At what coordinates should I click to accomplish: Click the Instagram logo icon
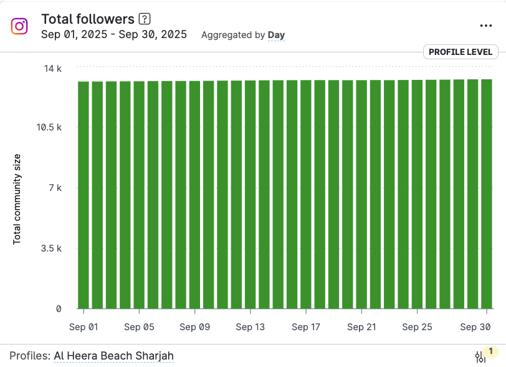(19, 26)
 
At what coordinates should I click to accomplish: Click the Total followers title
(87, 19)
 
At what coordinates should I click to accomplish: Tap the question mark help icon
(145, 19)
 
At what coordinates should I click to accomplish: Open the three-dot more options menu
(486, 26)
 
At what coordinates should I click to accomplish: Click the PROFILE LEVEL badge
(461, 52)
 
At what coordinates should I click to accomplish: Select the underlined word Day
(276, 35)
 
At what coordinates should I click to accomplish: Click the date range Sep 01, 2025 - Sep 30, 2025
(114, 35)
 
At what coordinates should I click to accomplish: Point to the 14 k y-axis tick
(52, 68)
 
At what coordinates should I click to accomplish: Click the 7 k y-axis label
(55, 188)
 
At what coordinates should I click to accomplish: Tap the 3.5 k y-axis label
(50, 248)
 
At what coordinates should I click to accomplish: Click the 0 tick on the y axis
(59, 308)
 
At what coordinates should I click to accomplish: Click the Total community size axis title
(17, 198)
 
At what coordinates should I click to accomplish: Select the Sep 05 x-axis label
(139, 327)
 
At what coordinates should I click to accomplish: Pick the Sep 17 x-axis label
(305, 327)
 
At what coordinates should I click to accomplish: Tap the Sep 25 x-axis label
(417, 327)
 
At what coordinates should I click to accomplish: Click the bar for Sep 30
(487, 193)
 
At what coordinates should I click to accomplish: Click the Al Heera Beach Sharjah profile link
(113, 356)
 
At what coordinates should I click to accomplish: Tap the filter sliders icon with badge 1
(480, 356)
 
